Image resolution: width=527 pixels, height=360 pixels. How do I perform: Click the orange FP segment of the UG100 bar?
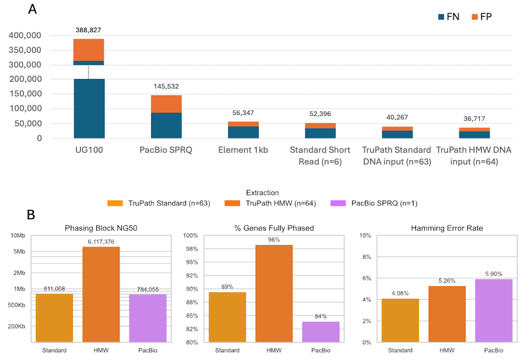click(x=89, y=50)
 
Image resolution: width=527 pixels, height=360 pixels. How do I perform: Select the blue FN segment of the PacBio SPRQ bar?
click(x=166, y=126)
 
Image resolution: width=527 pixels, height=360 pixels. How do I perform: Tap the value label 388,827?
click(x=88, y=30)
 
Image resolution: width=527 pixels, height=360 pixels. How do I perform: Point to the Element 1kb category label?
click(x=243, y=150)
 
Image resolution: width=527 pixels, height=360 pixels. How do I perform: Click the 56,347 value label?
click(x=243, y=113)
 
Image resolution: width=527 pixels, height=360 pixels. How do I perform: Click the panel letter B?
click(x=31, y=215)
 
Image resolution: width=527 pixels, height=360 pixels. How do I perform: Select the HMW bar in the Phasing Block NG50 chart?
click(x=101, y=294)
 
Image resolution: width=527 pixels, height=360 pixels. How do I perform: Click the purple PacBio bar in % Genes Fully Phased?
click(x=321, y=332)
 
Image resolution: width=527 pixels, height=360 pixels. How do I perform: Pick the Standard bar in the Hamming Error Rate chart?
click(x=400, y=320)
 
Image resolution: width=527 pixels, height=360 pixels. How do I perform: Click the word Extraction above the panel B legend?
click(x=263, y=193)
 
